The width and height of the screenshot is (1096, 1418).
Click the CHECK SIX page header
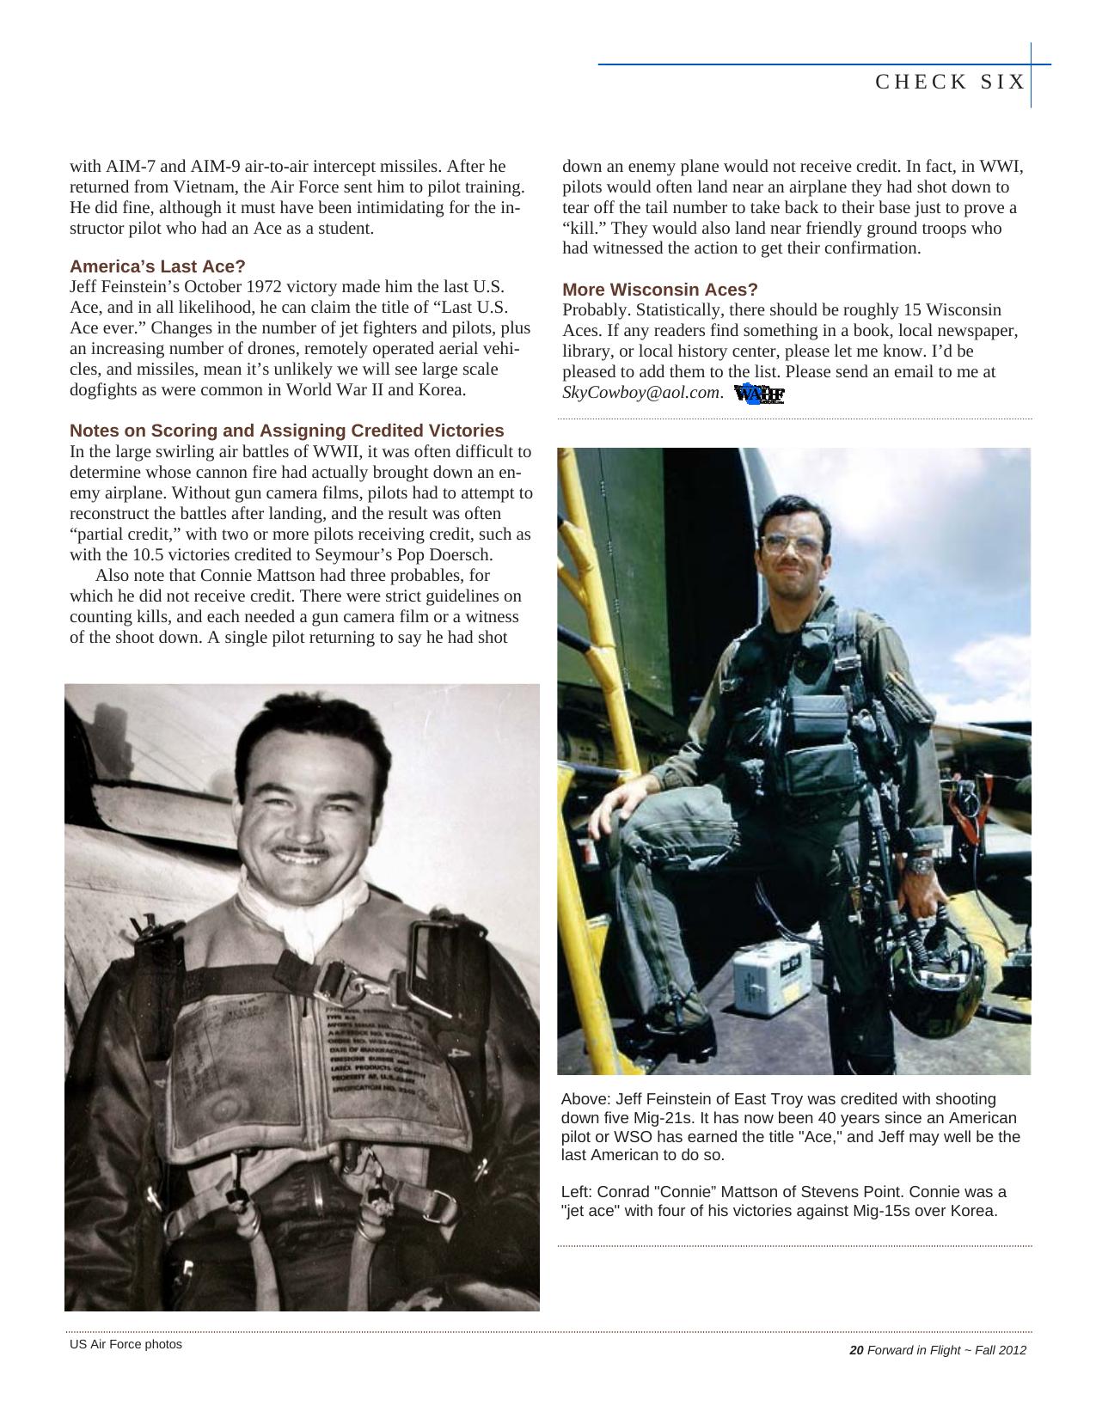(950, 82)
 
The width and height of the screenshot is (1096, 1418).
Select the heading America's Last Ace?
(157, 266)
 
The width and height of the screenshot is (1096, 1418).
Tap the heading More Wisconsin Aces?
(659, 290)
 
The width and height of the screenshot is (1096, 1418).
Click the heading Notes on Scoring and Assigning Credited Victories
(286, 431)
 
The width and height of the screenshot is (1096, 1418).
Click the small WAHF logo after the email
(760, 394)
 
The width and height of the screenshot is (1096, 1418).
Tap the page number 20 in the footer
(855, 1350)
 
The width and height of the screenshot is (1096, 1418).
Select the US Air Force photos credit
(126, 1344)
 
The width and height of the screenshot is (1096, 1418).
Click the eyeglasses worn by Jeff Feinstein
(790, 546)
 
